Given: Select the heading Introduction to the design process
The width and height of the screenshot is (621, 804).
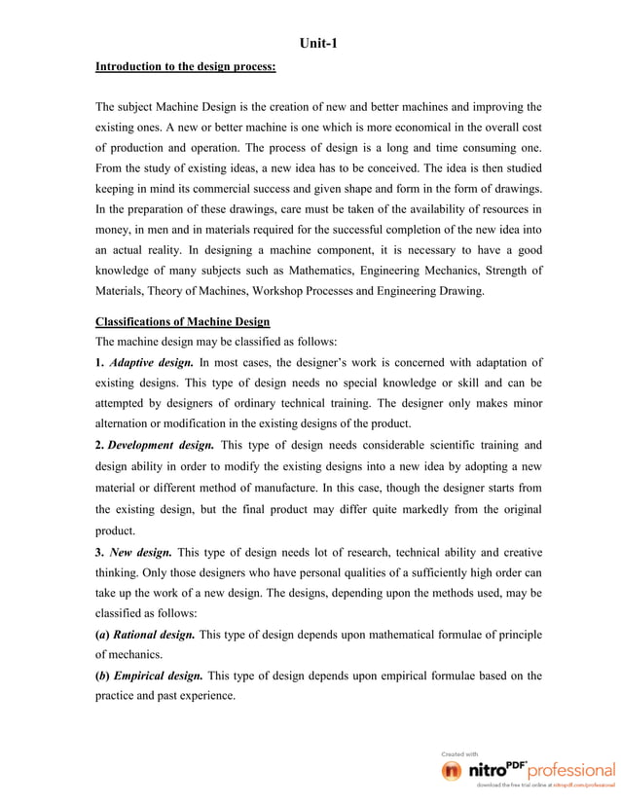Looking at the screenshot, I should [185, 67].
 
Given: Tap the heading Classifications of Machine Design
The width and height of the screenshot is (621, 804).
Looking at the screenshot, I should [182, 321].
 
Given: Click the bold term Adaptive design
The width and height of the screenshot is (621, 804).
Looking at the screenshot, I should [150, 363].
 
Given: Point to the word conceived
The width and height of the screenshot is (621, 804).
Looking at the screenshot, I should [384, 168].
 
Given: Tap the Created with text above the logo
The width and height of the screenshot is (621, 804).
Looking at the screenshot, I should [459, 753].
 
